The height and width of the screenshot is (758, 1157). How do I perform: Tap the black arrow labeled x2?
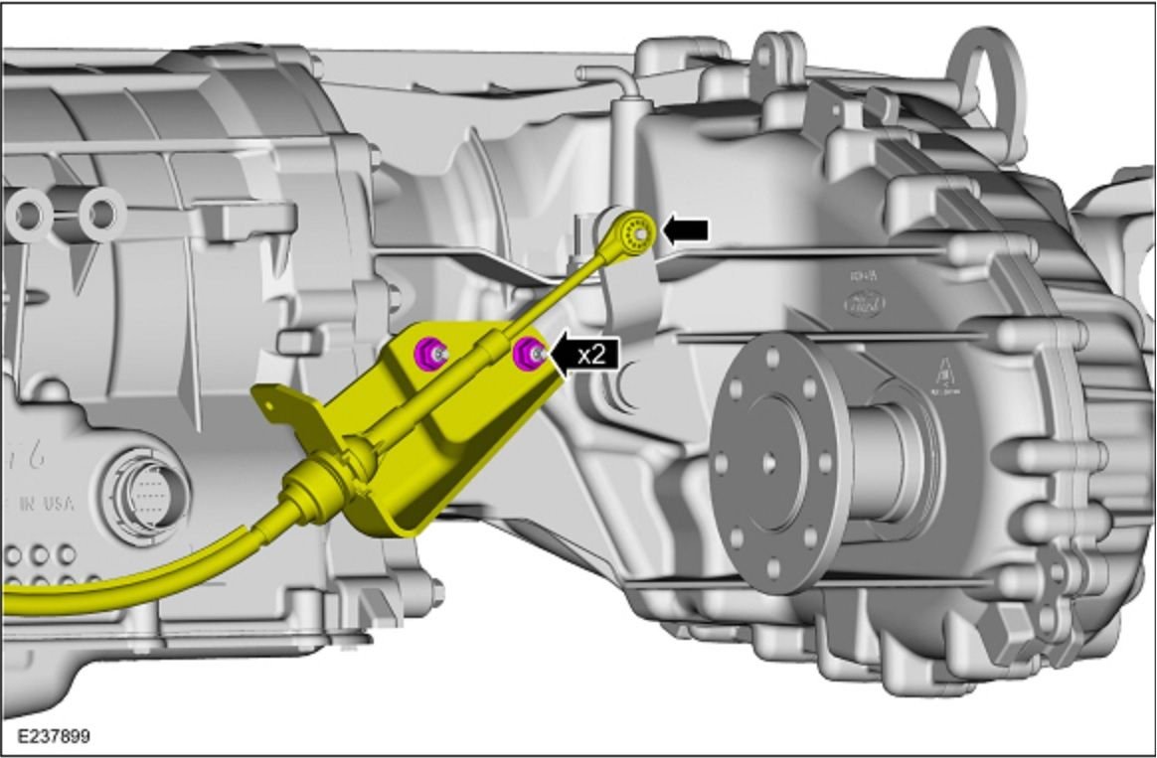point(585,355)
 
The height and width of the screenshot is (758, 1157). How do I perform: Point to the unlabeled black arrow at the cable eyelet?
point(686,230)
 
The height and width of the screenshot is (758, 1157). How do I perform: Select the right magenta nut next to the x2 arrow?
point(526,351)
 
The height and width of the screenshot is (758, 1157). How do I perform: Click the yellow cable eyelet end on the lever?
point(633,229)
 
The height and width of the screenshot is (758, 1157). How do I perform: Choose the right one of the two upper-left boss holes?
point(100,213)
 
